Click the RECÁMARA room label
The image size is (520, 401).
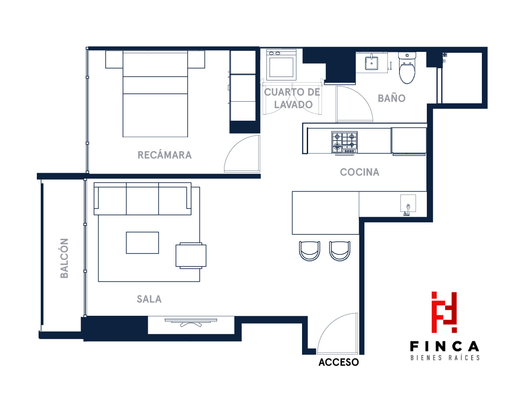(x=164, y=155)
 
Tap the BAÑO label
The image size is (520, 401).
(x=391, y=98)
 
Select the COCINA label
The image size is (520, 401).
(x=359, y=172)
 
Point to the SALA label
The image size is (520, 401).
(x=149, y=299)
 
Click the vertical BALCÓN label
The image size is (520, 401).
(x=64, y=258)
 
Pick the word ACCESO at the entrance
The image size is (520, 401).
(x=338, y=363)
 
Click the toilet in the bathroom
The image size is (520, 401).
(x=407, y=68)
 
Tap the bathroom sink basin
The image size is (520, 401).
(x=371, y=63)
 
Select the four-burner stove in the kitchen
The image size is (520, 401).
(x=344, y=142)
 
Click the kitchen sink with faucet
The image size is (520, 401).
(x=408, y=203)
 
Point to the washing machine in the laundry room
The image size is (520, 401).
(x=281, y=65)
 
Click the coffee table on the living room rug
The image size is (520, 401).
(x=143, y=243)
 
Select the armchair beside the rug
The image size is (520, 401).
(x=191, y=256)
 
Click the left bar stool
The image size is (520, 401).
(x=309, y=251)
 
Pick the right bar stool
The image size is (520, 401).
(x=340, y=251)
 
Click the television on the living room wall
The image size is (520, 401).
(x=191, y=322)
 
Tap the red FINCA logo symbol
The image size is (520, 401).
(x=444, y=312)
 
